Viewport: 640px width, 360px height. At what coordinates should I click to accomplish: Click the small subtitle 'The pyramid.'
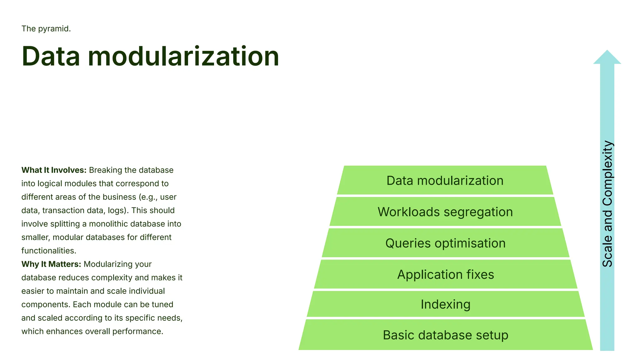click(46, 29)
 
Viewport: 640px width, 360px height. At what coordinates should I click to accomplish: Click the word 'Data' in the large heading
click(51, 57)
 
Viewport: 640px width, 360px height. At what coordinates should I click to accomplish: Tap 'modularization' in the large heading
click(183, 57)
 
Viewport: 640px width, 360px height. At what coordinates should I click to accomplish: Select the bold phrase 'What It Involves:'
click(54, 170)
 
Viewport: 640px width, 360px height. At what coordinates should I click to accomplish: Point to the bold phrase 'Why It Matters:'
click(51, 264)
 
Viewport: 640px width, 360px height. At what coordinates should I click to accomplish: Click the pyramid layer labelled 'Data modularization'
click(445, 181)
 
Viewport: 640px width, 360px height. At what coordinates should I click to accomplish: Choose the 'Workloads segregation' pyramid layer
click(445, 212)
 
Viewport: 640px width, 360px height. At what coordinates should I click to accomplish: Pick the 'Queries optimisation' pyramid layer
click(445, 243)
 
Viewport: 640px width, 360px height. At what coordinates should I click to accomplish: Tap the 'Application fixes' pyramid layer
click(445, 274)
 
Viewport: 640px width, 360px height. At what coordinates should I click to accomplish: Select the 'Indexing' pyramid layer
click(445, 304)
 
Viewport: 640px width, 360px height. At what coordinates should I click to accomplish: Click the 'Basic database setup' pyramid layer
click(445, 335)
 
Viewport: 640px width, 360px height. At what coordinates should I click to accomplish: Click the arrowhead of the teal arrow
click(607, 58)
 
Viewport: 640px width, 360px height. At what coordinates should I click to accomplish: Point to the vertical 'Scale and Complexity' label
click(607, 204)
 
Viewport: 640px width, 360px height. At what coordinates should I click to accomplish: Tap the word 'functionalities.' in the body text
click(49, 251)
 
